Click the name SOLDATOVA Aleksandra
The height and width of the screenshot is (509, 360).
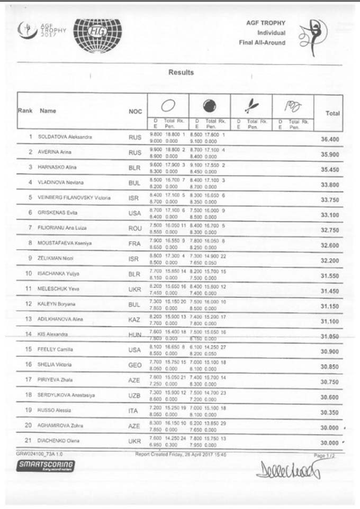point(65,137)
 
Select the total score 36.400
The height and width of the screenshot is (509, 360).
point(330,139)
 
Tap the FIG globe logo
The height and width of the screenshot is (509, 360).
point(97,33)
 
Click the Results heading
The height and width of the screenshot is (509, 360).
point(181,72)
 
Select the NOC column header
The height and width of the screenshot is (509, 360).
point(135,112)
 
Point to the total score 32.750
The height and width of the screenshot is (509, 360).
point(330,230)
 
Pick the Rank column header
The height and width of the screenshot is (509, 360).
point(25,111)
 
